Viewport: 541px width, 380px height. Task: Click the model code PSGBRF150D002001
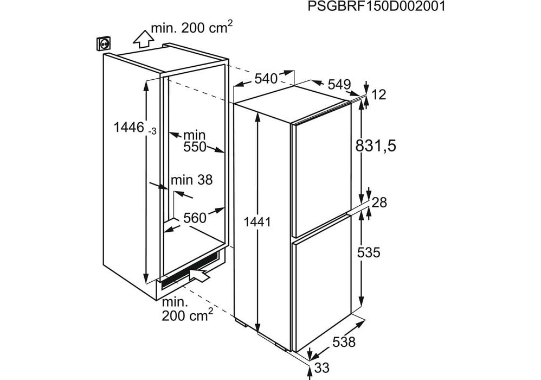377,7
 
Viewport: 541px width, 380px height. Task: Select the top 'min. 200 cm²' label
192,28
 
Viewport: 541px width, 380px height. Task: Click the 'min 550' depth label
194,140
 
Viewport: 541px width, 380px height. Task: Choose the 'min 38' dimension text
191,180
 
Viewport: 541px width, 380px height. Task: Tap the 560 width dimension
195,218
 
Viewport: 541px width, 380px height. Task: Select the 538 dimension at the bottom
344,342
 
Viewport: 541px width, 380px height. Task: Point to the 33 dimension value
322,368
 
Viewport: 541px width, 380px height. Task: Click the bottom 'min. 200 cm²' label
186,309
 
